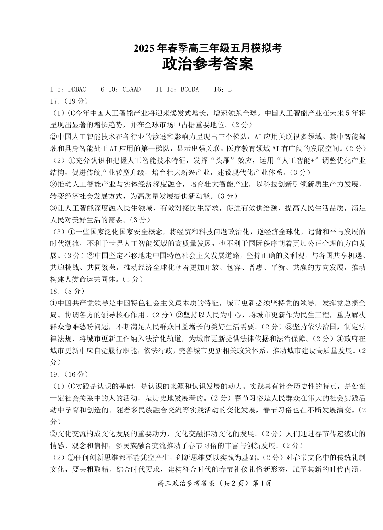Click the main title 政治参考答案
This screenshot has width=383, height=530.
tap(208, 64)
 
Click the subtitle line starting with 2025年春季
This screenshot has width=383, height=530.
tap(208, 49)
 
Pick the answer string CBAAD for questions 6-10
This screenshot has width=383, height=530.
tap(132, 89)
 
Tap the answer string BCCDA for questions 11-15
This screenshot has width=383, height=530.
tap(188, 89)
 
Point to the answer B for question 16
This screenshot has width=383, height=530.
tap(230, 89)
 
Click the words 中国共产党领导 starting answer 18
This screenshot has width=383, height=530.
tap(80, 302)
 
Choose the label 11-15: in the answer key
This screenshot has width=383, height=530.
tap(166, 89)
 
